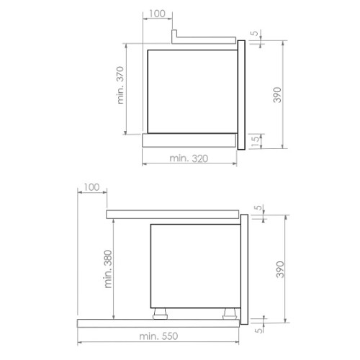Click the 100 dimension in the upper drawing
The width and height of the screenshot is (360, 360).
click(x=157, y=14)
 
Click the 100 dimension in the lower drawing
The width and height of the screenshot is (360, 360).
click(x=91, y=187)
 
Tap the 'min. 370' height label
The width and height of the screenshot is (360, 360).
click(x=120, y=85)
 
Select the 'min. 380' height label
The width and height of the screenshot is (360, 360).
click(x=108, y=269)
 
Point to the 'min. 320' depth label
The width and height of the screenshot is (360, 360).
click(x=189, y=158)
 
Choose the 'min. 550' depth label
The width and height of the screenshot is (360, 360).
click(x=158, y=336)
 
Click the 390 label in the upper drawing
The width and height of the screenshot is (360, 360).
click(x=277, y=95)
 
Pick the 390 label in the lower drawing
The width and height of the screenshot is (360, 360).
click(x=280, y=269)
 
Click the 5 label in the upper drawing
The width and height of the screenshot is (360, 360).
click(x=255, y=33)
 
